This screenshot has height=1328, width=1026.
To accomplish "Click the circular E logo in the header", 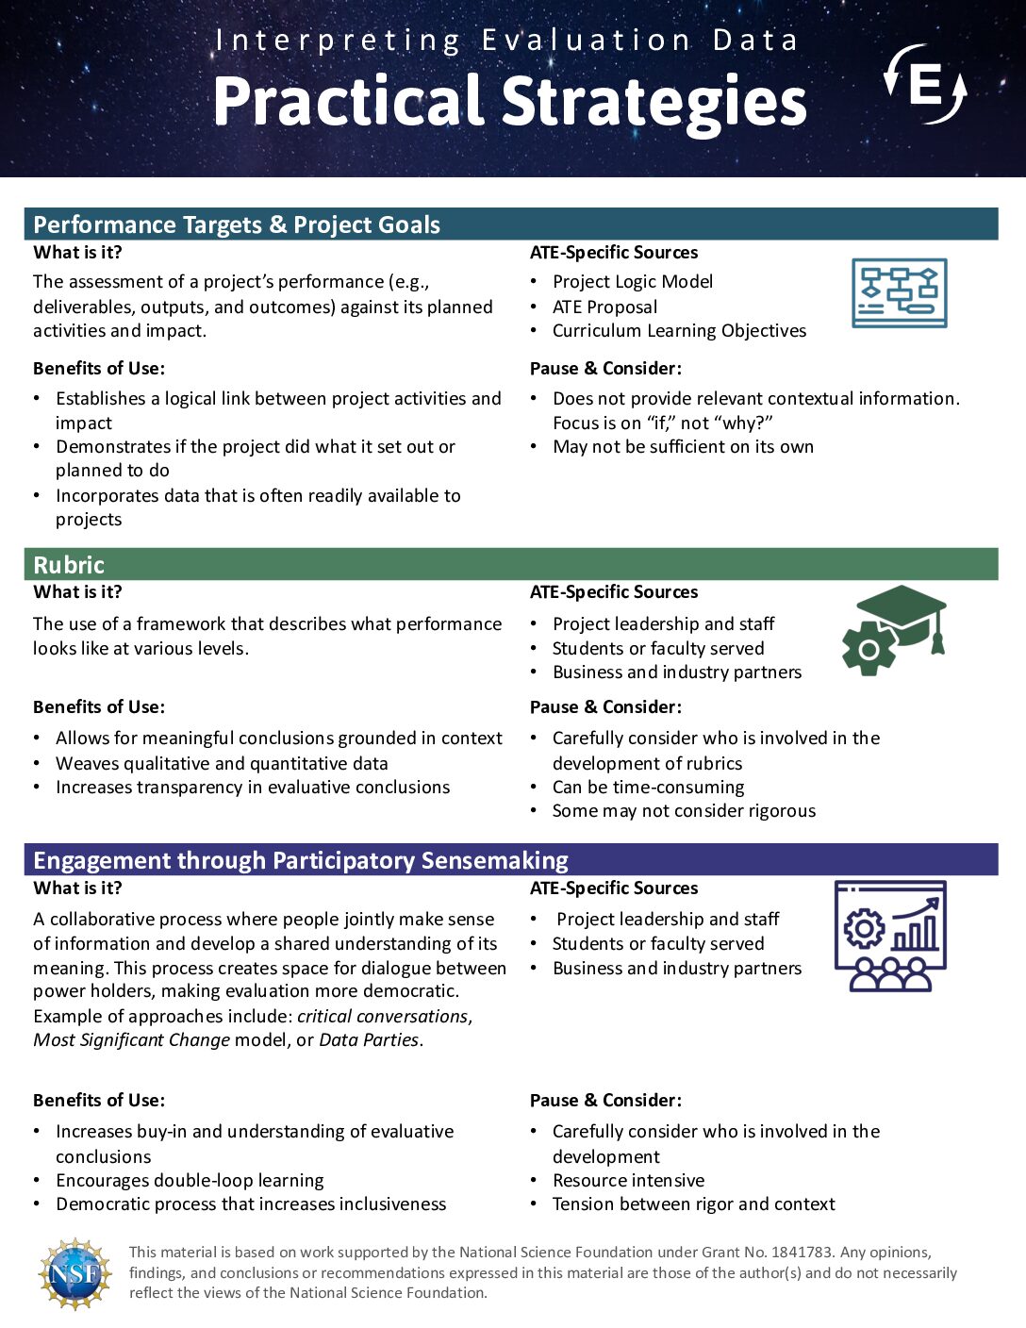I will (925, 85).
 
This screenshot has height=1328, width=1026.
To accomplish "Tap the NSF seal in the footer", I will (74, 1273).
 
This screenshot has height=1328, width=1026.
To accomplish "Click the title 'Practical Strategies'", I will (509, 101).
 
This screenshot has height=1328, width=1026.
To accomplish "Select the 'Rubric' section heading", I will (69, 565).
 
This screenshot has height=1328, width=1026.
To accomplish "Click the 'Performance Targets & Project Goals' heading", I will (237, 224).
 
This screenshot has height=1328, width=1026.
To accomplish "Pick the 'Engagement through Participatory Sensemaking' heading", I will (301, 860).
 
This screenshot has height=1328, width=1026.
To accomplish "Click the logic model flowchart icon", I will (899, 293).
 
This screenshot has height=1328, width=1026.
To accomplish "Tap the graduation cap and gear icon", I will (894, 630).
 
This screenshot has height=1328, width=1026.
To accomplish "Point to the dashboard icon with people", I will (890, 936).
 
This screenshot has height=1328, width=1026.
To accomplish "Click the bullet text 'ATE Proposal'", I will (604, 307).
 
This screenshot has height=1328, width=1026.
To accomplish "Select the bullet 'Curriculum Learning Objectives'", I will (679, 330).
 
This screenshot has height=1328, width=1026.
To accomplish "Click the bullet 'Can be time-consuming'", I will (648, 787).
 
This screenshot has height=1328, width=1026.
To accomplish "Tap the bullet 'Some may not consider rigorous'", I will (684, 810).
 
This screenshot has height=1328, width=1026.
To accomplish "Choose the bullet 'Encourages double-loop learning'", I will (190, 1180).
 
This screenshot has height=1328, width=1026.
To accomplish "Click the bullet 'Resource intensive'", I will (628, 1180).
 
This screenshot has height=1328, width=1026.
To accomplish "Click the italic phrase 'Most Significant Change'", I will (132, 1039).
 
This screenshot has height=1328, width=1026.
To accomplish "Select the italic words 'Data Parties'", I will (369, 1039).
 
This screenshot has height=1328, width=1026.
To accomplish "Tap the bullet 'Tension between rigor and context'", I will (693, 1203).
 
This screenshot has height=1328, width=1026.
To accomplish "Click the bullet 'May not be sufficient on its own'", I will (683, 446).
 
